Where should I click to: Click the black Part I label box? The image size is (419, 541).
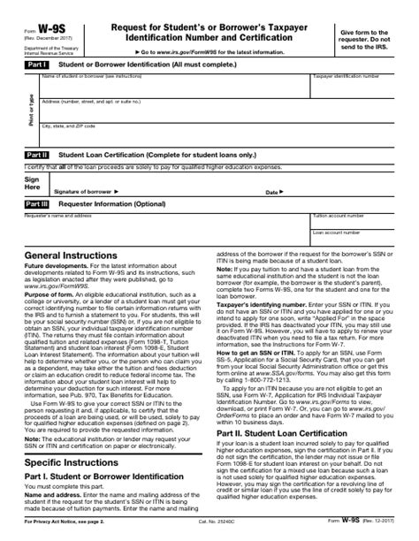click(36, 65)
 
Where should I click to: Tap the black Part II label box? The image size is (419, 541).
click(36, 154)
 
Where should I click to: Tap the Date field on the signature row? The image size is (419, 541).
click(336, 189)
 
